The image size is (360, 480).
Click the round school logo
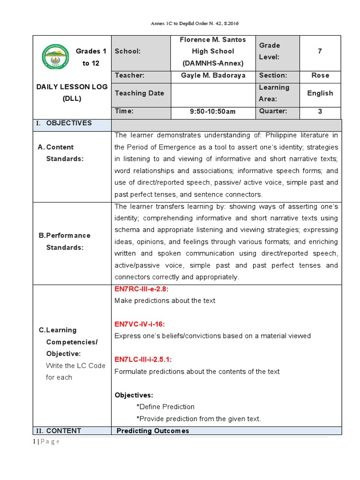point(55,57)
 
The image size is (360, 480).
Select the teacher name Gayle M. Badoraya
point(213,75)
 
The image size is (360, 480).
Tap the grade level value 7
point(320,51)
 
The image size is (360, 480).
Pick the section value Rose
point(320,75)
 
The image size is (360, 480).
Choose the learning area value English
point(320,93)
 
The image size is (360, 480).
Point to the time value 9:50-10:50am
point(213,112)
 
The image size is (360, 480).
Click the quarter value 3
point(320,112)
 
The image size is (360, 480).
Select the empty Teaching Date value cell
point(213,93)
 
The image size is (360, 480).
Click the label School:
point(127,51)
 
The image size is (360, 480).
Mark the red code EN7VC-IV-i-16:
point(140,324)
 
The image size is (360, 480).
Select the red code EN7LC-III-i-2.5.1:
point(143,360)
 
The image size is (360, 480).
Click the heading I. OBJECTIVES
point(64,123)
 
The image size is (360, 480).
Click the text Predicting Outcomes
point(153,431)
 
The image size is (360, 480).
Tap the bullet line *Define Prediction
point(165,407)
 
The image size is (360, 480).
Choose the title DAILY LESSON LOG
point(72,87)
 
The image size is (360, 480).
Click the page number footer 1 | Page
point(46,442)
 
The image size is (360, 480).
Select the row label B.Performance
point(65,235)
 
